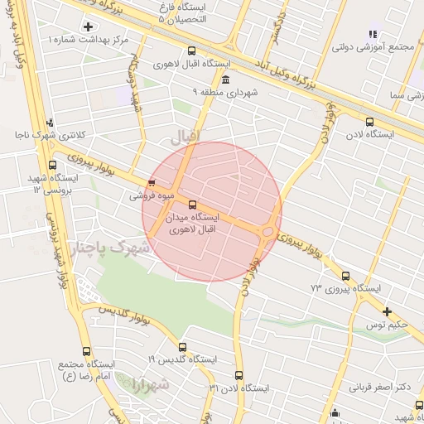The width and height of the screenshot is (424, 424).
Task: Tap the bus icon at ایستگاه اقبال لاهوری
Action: coord(192,51)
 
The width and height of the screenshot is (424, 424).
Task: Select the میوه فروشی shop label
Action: coord(151,197)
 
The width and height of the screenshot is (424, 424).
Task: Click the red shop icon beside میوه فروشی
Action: coord(151,184)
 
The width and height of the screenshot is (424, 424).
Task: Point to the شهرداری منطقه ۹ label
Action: coord(225,92)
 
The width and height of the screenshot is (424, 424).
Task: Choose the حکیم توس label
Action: coord(388,324)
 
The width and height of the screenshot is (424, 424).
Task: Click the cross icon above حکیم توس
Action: coord(388,311)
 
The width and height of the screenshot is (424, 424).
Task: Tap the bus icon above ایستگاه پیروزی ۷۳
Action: coord(345,277)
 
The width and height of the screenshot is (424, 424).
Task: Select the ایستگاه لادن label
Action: coord(370,132)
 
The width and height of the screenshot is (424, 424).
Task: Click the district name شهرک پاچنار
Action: coord(108,247)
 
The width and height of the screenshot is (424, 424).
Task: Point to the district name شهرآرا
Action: coord(149,384)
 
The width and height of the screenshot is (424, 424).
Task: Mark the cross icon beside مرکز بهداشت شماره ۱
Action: coord(88,27)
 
